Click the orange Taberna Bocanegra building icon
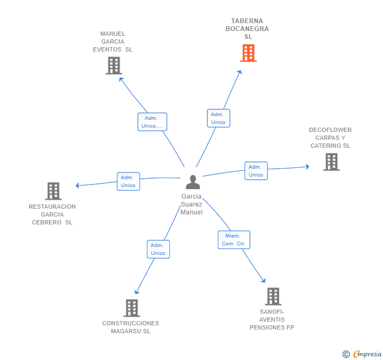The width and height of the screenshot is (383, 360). [x=248, y=53]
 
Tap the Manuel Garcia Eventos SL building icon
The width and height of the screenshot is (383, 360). [x=114, y=65]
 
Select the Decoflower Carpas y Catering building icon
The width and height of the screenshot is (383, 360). [x=331, y=162]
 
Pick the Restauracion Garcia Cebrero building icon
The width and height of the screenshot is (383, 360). [x=53, y=191]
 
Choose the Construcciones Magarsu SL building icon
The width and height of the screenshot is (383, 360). [x=132, y=308]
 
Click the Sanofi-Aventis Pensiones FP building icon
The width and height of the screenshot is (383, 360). [x=273, y=296]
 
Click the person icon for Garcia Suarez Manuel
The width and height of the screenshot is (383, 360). [x=193, y=182]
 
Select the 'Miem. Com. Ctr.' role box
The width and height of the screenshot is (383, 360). [x=234, y=240]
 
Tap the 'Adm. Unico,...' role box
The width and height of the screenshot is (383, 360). [x=152, y=122]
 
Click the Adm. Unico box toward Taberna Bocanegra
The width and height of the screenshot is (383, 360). [x=218, y=118]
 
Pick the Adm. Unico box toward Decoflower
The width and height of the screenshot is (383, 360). [x=256, y=171]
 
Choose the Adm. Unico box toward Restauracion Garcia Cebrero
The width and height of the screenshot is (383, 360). [x=128, y=181]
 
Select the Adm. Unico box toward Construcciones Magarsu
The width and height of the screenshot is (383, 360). [x=158, y=249]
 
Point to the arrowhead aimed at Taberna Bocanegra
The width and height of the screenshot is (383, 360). [x=240, y=72]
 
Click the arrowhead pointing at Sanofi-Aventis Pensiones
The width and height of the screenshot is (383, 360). [x=263, y=281]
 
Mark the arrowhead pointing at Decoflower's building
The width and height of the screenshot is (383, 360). [x=308, y=167]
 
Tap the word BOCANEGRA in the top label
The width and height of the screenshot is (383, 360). [x=247, y=29]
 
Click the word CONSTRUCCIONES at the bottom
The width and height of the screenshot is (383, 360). [x=130, y=323]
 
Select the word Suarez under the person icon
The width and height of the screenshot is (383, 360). [x=191, y=204]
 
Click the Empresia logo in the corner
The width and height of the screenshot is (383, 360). [x=362, y=354]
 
